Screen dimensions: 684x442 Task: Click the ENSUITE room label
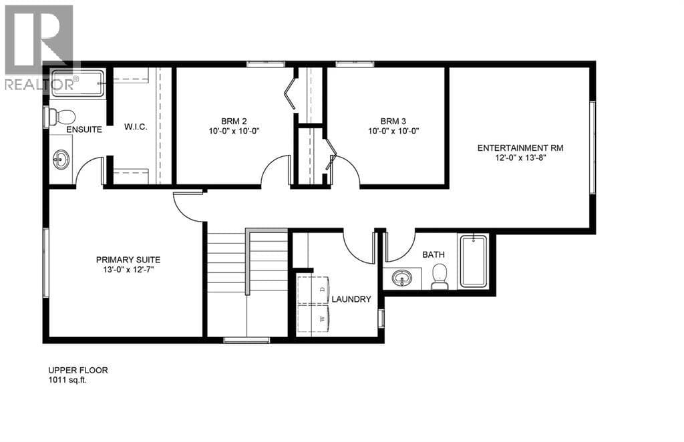pos(84,130)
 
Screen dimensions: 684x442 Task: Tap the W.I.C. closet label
pos(136,127)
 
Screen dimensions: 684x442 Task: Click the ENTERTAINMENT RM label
pos(520,148)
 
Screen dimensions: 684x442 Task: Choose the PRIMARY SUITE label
pos(128,260)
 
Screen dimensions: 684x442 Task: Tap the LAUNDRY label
pos(351,299)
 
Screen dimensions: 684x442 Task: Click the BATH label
pos(433,254)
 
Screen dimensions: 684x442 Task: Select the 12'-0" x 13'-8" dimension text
pos(520,158)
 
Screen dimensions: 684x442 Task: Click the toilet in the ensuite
pos(61,117)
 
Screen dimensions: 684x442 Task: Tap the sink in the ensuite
pos(61,160)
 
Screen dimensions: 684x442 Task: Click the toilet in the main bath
pos(440,277)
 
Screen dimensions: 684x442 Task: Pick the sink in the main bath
pos(401,278)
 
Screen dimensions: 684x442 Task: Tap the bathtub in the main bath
pos(474,262)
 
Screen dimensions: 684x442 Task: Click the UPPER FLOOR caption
pos(77,371)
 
